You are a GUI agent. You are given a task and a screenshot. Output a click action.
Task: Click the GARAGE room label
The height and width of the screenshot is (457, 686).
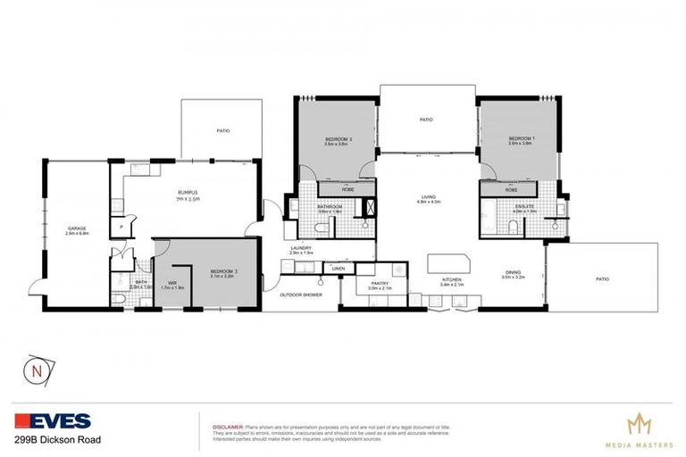pos(76,228)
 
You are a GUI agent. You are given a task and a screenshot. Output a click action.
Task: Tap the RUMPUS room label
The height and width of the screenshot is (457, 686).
pos(186,193)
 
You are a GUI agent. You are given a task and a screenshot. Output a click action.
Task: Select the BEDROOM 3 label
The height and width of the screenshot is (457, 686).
pos(223,270)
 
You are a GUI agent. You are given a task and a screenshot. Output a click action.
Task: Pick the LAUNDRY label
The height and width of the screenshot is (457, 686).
pos(301,249)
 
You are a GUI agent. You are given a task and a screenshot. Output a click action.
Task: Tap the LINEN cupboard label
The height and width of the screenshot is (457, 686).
pos(338,267)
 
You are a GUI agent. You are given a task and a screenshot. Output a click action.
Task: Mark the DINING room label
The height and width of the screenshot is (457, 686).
pos(513,274)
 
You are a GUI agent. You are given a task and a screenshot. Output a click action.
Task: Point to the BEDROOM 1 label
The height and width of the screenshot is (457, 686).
pos(520,139)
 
